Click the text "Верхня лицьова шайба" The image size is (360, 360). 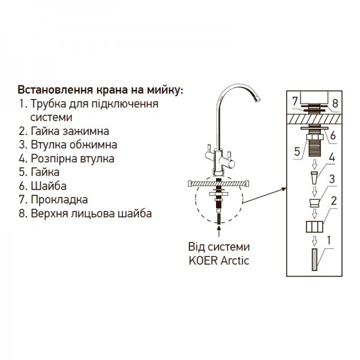pos(84,214)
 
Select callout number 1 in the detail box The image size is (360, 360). pos(328,239)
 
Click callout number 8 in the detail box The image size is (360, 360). pos(335,103)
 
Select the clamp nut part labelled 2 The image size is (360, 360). pos(312,227)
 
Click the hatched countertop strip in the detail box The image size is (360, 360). pos(311,119)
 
